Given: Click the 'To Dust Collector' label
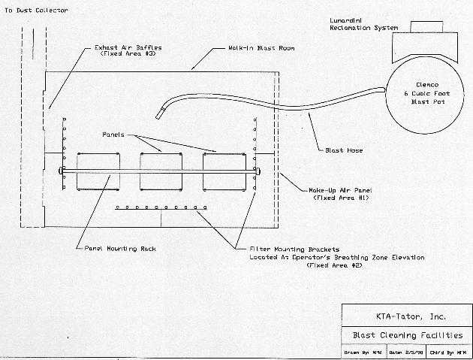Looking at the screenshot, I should click(35, 11).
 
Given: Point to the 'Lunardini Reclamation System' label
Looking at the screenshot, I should click(364, 23).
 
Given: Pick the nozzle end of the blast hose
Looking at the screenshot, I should click(159, 114).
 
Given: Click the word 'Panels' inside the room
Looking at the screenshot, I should click(116, 134).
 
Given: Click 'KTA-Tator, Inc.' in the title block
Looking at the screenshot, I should click(405, 315).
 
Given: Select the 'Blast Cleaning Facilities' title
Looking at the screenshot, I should click(406, 335).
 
